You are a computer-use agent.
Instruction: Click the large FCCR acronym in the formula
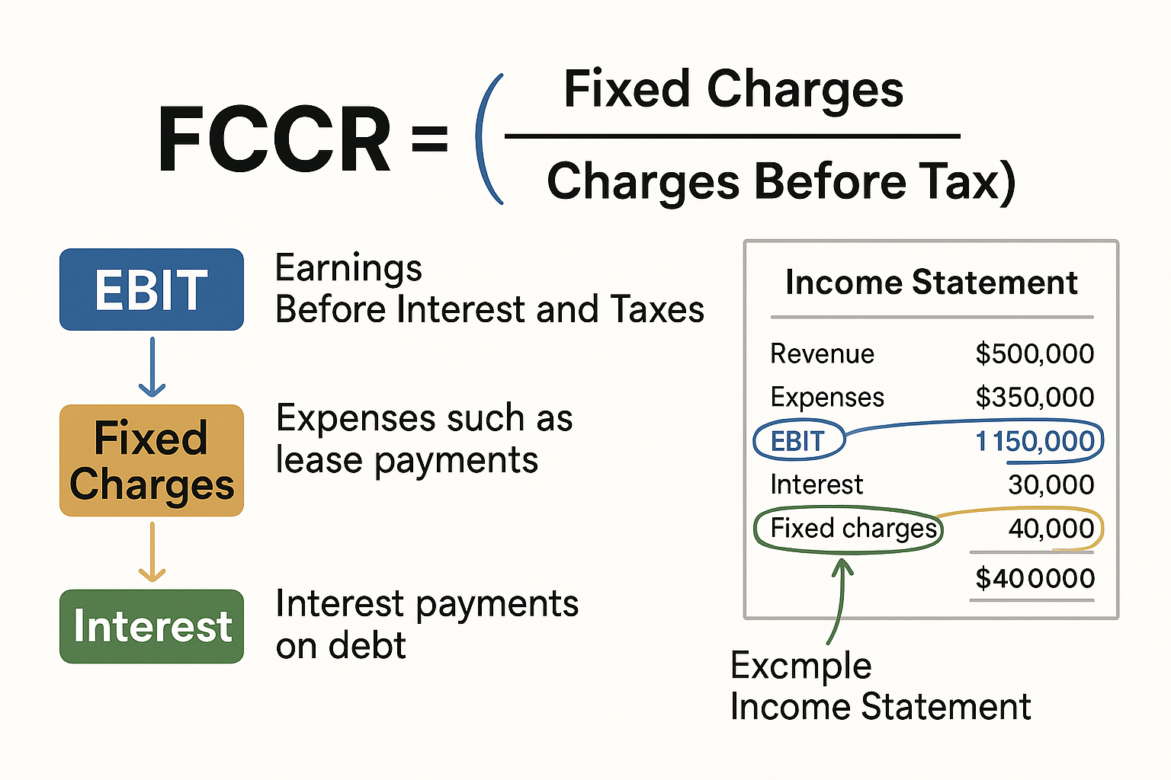click(274, 140)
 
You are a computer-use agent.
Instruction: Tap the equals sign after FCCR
click(429, 139)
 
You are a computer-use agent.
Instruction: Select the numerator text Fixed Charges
click(733, 89)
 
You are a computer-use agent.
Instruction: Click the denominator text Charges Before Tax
click(781, 181)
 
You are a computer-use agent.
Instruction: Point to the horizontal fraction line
click(732, 137)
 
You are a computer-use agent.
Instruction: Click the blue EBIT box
click(152, 289)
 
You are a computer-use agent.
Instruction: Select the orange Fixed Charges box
click(152, 461)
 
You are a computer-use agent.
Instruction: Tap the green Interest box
click(152, 626)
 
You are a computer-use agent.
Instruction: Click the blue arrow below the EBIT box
click(152, 367)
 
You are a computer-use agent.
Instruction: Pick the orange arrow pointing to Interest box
click(152, 552)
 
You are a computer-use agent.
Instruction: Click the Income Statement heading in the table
click(931, 283)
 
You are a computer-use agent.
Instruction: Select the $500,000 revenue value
click(1035, 353)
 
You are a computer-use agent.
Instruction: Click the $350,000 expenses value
click(1035, 397)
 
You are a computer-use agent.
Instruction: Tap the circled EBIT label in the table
click(798, 441)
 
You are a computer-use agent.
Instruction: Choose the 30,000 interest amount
click(1051, 484)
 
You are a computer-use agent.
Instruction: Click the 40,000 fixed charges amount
click(1051, 528)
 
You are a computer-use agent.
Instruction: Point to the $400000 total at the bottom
click(1035, 578)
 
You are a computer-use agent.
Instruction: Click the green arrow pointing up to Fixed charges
click(839, 602)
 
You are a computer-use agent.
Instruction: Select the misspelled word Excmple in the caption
click(800, 666)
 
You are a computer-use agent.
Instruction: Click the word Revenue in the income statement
click(822, 353)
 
